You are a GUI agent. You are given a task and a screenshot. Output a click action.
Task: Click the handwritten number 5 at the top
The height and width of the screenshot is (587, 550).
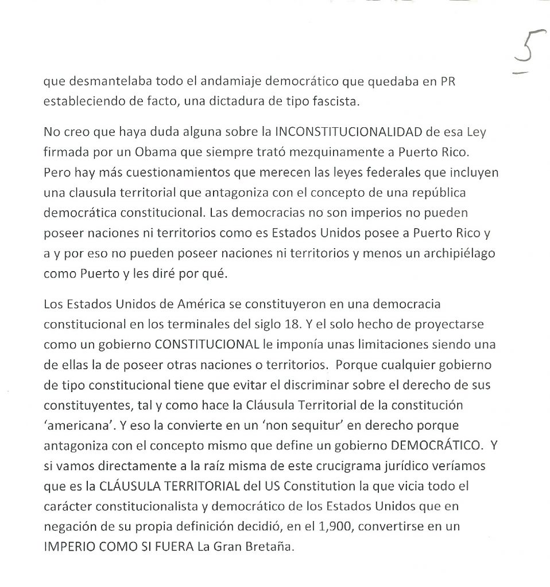(x=526, y=56)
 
